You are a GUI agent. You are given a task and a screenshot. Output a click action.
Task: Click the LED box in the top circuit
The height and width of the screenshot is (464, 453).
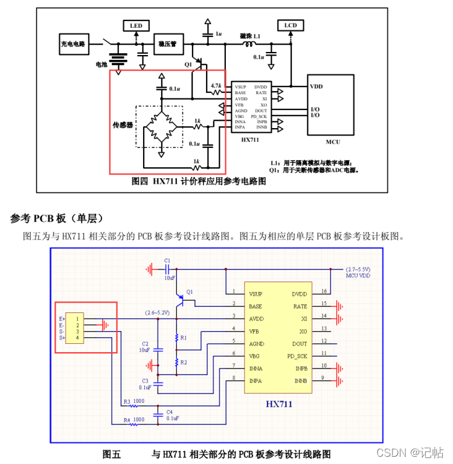point(136,26)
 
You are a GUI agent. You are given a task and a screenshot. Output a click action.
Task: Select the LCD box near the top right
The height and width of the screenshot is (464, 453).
point(290,25)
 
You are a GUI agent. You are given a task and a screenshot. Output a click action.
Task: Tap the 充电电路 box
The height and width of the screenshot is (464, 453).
point(73,43)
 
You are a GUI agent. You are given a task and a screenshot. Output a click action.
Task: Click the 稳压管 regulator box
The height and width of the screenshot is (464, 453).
point(167,44)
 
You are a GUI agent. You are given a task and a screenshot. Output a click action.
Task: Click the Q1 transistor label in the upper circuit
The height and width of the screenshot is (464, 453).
point(188,63)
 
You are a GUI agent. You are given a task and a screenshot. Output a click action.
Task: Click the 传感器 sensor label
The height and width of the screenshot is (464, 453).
point(123,125)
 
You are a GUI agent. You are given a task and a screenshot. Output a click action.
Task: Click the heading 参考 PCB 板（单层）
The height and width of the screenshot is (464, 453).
point(57,218)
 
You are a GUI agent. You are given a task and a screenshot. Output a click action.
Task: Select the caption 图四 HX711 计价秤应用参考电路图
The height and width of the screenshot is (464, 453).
point(199,181)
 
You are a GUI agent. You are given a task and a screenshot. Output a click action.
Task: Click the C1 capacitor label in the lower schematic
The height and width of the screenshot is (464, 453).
point(167,260)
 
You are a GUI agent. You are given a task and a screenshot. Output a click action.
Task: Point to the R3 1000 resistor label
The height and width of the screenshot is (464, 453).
point(133,402)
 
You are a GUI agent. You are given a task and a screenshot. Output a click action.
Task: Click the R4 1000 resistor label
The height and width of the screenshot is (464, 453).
point(133,419)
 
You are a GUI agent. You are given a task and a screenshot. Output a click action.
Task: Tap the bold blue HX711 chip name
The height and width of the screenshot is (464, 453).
point(278,404)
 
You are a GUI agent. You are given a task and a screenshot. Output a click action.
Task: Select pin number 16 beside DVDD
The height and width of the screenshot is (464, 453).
point(324,291)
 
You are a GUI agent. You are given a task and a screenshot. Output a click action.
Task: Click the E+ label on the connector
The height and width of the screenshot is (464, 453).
point(62,318)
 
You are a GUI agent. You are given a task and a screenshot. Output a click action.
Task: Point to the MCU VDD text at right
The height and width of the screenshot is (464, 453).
point(358,275)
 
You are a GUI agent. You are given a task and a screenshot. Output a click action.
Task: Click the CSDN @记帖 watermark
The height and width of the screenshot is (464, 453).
point(410,452)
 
